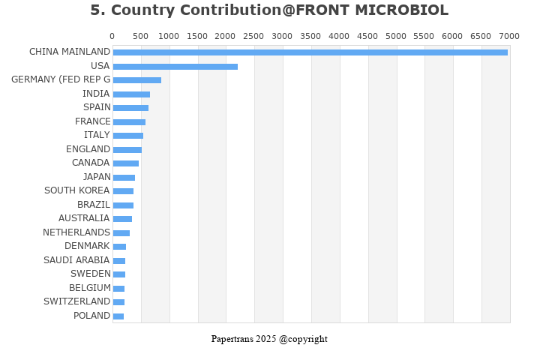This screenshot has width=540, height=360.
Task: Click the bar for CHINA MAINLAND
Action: tap(310, 52)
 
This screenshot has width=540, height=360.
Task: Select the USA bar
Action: tap(175, 67)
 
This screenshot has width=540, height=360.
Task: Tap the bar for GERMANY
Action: tap(136, 80)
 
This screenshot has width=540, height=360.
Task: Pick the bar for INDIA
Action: tap(131, 94)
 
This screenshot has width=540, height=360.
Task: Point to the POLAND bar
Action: tap(118, 316)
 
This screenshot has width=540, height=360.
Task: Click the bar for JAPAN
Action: tap(124, 178)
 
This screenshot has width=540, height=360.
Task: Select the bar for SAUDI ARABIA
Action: tap(118, 261)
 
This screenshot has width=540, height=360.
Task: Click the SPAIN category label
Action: tap(97, 107)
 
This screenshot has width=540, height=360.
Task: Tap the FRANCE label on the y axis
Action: tap(93, 121)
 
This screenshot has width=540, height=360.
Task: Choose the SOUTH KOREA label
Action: tap(77, 190)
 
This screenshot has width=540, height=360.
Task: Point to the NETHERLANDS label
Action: tap(76, 232)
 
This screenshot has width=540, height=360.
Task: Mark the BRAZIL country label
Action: tap(94, 205)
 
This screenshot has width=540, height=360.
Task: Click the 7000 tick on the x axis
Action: tap(509, 36)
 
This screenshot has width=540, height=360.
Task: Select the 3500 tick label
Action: tap(311, 36)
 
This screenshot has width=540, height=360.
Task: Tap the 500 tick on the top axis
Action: tap(141, 36)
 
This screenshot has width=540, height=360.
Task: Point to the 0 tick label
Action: tap(112, 36)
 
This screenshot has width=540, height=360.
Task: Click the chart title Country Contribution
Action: tap(269, 10)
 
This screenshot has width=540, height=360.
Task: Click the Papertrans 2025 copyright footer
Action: tap(269, 339)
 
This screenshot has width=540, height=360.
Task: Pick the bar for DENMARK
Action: tap(119, 247)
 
